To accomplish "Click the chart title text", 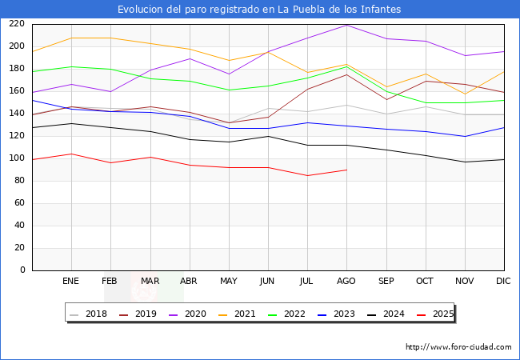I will (x=259, y=10).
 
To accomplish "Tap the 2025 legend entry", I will (x=441, y=314).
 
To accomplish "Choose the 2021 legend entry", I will (x=244, y=314).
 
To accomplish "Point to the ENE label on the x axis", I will (x=70, y=282).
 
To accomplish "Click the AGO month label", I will (x=346, y=282).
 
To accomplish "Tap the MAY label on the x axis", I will (x=229, y=282).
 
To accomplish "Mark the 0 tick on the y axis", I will (x=23, y=270).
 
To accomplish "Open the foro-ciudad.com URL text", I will (x=458, y=347).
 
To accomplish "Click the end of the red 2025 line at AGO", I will (x=346, y=170).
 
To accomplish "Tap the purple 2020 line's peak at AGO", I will (x=346, y=25).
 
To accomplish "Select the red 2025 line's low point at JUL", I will (x=307, y=175).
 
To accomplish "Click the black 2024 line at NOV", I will (x=465, y=162).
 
